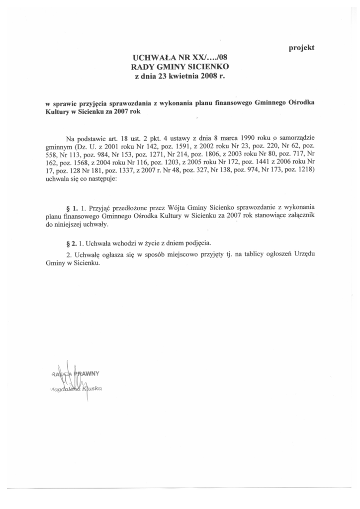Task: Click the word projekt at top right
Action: point(302,48)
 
